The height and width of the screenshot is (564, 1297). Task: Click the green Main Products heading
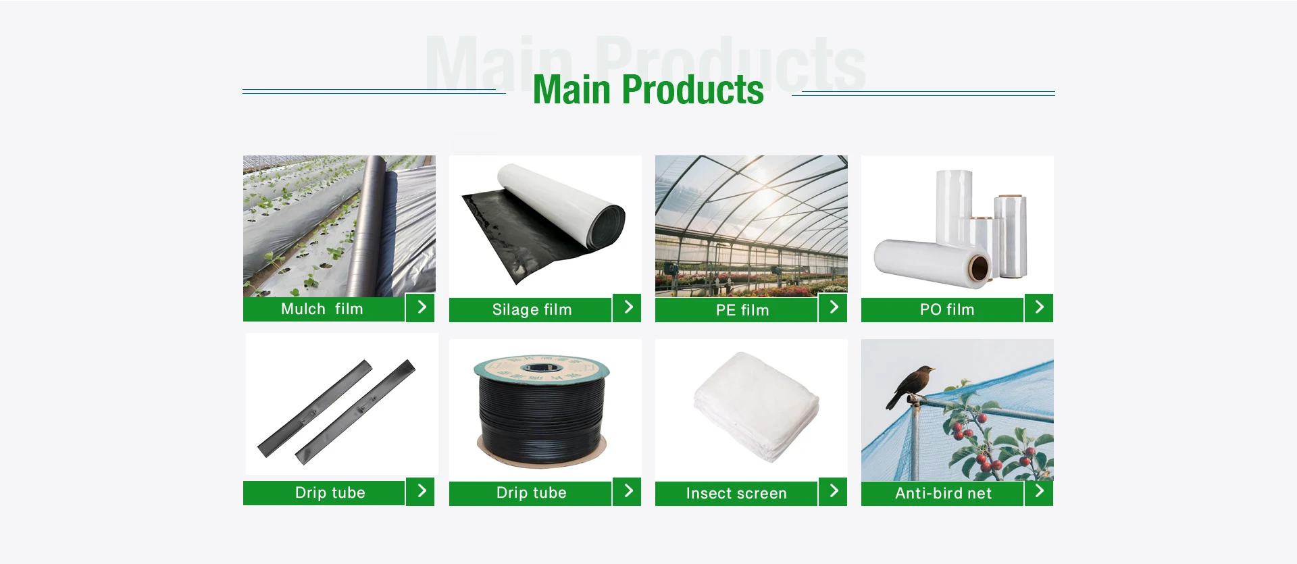(648, 90)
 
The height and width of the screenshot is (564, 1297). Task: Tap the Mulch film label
(322, 309)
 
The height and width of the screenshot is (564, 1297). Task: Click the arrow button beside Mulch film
(420, 308)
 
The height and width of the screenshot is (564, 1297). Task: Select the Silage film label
(532, 309)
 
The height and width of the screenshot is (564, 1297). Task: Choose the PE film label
(742, 310)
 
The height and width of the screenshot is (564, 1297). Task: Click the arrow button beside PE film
(833, 308)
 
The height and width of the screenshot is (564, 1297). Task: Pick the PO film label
(947, 309)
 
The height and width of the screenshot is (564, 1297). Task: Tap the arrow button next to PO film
(1039, 308)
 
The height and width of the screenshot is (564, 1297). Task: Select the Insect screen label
(736, 493)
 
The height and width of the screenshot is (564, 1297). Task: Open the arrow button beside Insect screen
(833, 491)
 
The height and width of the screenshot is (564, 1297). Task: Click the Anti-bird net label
(943, 493)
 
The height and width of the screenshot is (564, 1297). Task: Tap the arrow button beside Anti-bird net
(1039, 491)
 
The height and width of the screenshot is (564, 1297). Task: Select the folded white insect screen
(757, 406)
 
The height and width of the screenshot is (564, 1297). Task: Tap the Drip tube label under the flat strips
(330, 492)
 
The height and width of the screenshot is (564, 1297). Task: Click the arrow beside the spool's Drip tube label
(627, 491)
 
